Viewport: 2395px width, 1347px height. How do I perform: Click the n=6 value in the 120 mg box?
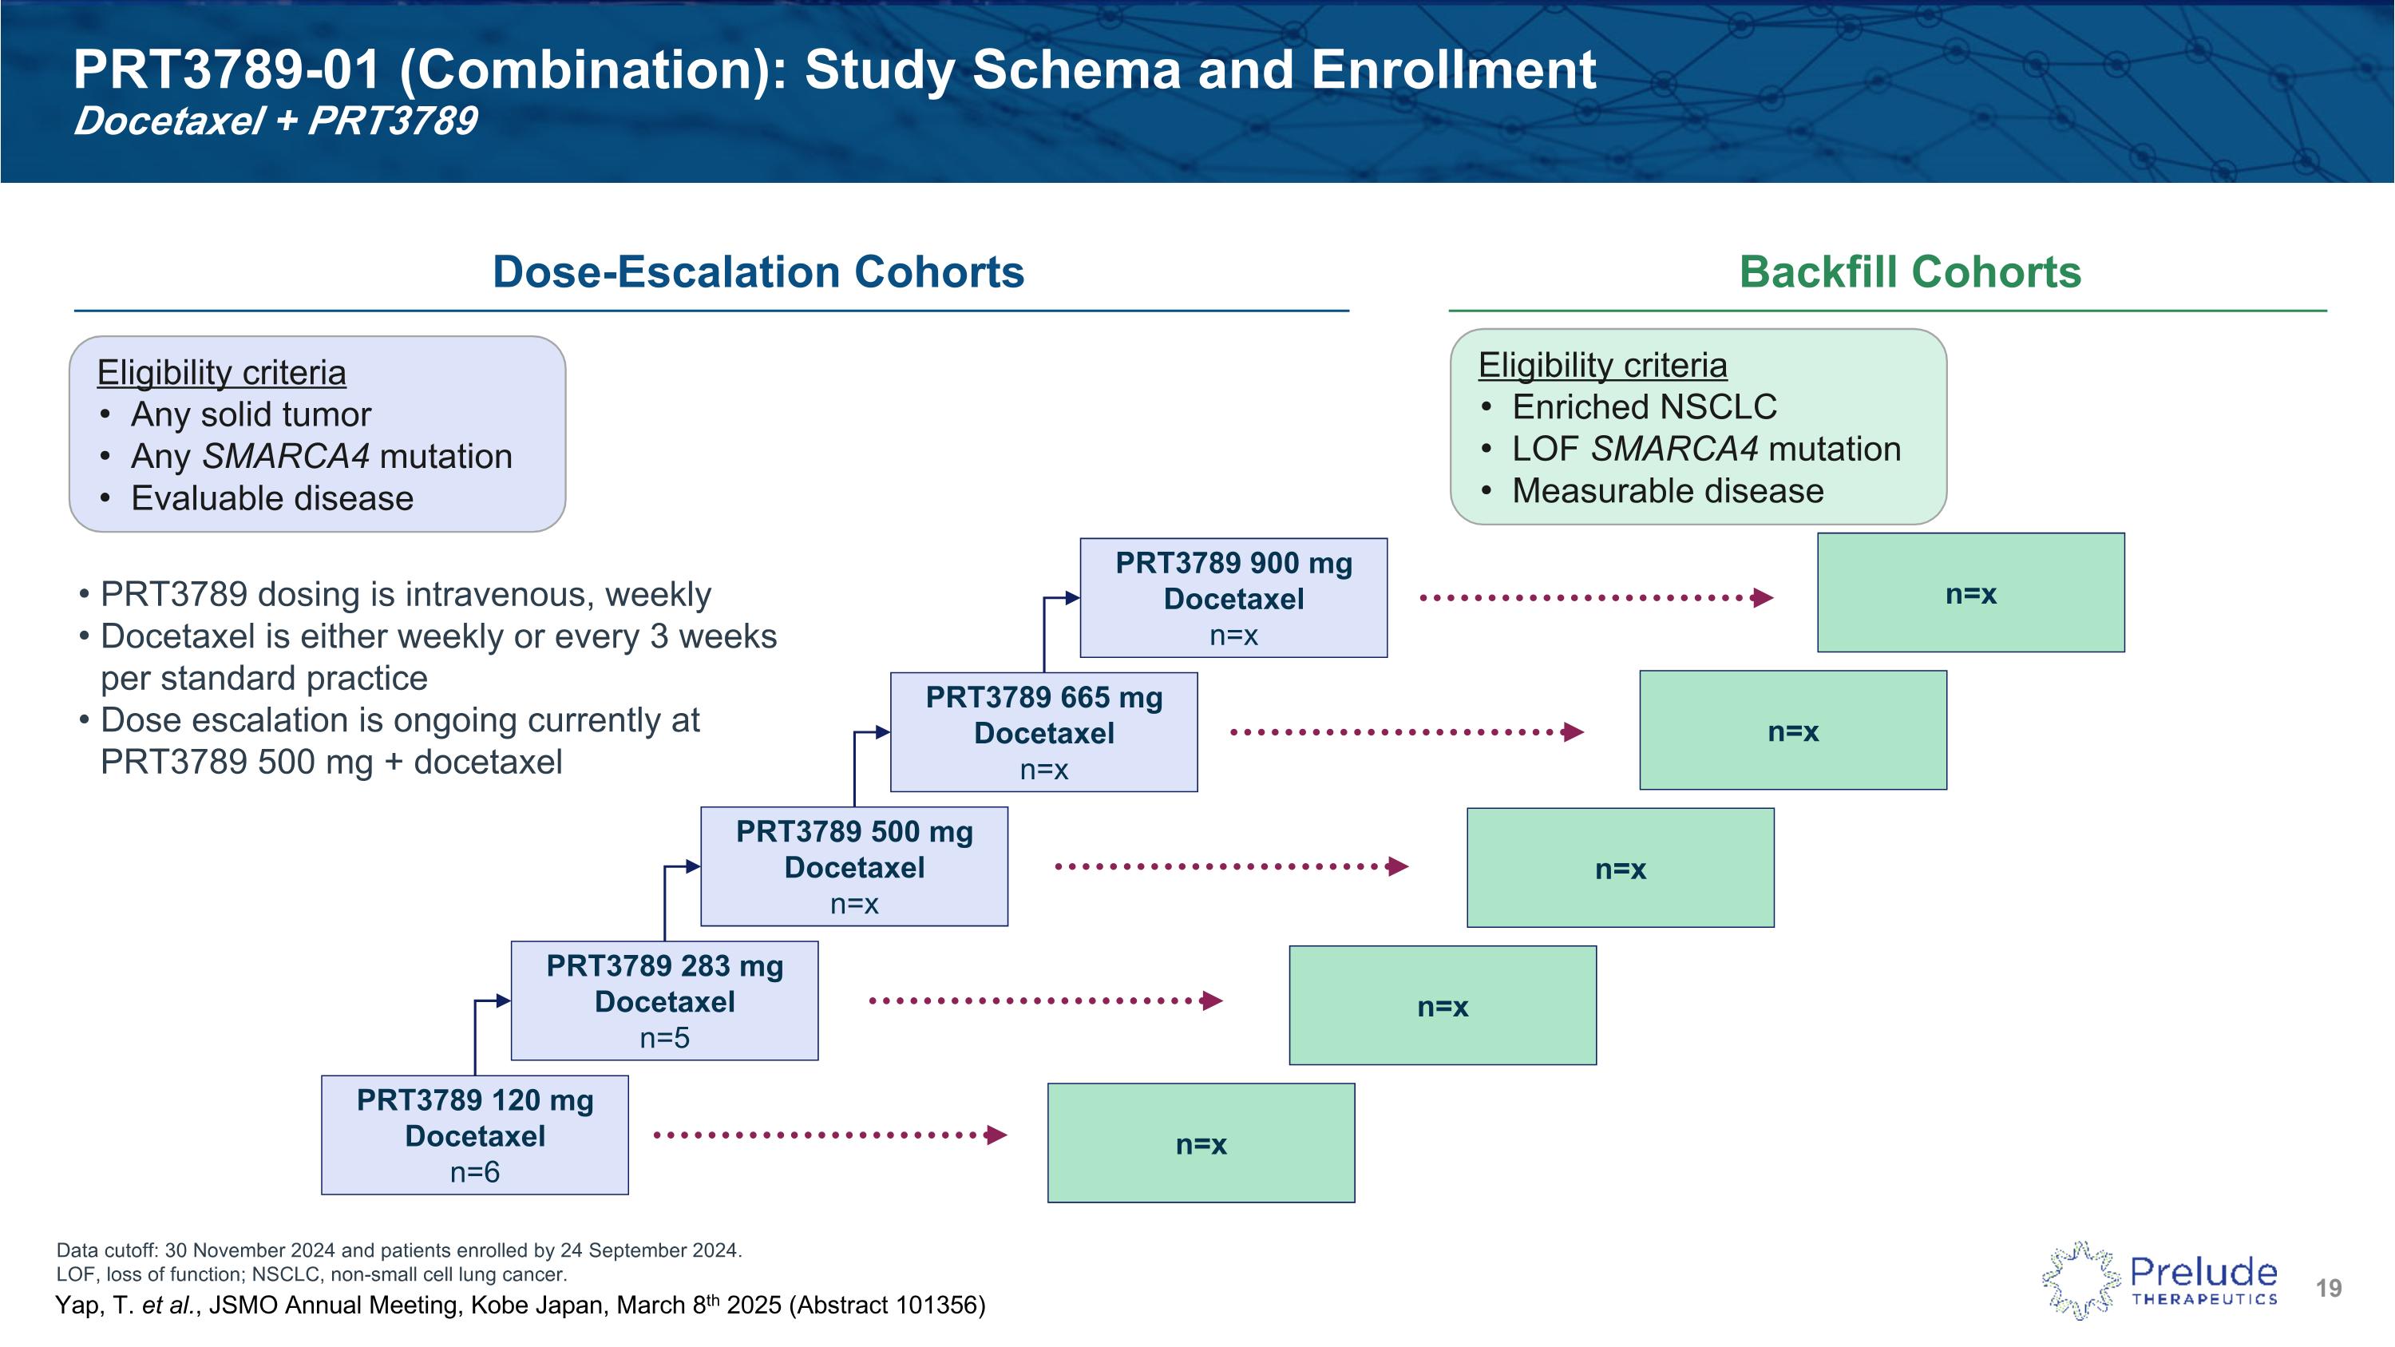click(x=474, y=1172)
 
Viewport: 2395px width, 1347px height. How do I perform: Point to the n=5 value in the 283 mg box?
click(x=664, y=1038)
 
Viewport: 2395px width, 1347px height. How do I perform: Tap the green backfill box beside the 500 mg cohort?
click(x=1620, y=867)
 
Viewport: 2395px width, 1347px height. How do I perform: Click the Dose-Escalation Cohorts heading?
click(x=758, y=272)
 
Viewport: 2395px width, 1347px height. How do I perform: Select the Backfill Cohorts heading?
click(x=1910, y=272)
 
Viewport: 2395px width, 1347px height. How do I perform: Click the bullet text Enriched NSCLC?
click(x=1644, y=407)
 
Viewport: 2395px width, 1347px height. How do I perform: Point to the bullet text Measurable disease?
click(x=1667, y=491)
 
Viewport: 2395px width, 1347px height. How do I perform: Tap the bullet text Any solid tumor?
click(x=251, y=414)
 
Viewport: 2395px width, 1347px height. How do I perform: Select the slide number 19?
click(x=2328, y=1289)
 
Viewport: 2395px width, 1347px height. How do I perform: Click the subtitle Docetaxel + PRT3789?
click(x=275, y=121)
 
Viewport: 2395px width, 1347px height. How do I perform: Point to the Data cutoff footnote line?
click(x=399, y=1250)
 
